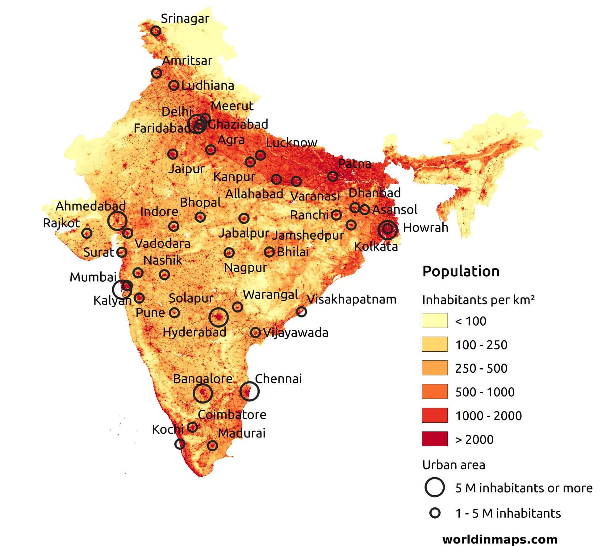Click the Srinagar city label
[185, 19]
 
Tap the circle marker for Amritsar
[157, 73]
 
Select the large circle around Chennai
[249, 391]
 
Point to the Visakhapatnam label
[351, 299]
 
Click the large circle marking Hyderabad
[219, 317]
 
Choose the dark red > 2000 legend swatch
[435, 439]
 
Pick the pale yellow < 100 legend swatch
[435, 321]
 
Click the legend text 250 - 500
[481, 368]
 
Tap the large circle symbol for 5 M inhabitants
[435, 487]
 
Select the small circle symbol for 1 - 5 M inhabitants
[435, 513]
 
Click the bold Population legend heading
[461, 271]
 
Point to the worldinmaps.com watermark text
[500, 539]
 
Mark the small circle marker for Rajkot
[87, 233]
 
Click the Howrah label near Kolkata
[425, 228]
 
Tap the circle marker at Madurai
[212, 445]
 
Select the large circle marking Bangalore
[203, 393]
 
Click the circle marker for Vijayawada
[255, 333]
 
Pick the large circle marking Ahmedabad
[117, 221]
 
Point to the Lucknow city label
[291, 143]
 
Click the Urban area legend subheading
[454, 465]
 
